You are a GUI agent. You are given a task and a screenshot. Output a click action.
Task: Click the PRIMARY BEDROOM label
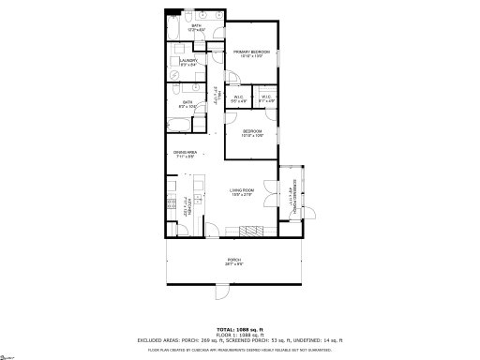click(251, 52)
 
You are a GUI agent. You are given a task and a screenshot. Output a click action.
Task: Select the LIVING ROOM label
click(244, 192)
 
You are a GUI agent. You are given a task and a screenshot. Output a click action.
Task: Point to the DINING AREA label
click(184, 154)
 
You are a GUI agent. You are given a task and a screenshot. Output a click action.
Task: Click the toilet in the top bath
click(190, 18)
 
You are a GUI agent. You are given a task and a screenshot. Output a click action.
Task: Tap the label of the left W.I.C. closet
click(238, 97)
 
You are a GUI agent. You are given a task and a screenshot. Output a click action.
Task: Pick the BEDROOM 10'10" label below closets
click(251, 132)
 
